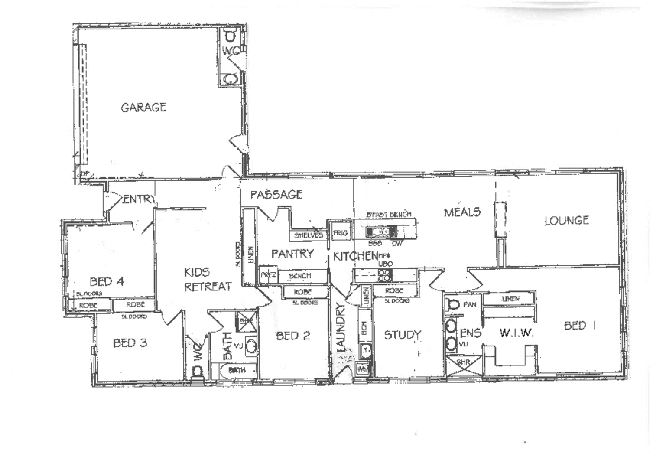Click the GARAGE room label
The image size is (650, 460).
coord(143,107)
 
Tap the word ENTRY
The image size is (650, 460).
coord(138,199)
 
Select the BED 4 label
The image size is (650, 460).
coord(107,282)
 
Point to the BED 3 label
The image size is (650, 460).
coord(130,343)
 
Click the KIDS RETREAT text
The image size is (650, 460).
coord(207,280)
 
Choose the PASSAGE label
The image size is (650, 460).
coord(276,195)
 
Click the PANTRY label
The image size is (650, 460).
coord(292,254)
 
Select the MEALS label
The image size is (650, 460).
coord(462,212)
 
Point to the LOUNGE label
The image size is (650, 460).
coord(566,221)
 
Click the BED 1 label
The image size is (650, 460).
coord(579,326)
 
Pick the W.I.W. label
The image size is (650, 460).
coord(516,333)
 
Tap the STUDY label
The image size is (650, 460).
coord(403,335)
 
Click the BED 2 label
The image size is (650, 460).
coord(293,336)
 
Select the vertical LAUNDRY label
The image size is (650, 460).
coord(341,327)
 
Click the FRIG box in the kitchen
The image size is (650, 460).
coord(341,233)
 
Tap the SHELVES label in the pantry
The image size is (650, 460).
coord(308,235)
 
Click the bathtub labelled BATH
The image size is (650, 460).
coord(236,370)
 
